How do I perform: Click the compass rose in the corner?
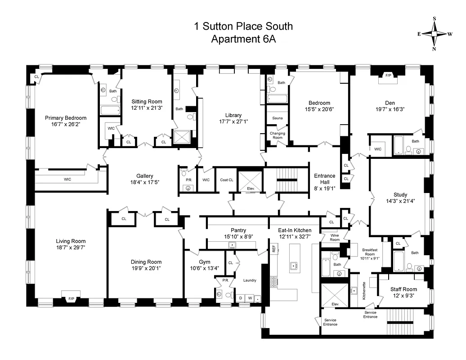pyautogui.click(x=435, y=34)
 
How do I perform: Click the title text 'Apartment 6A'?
pyautogui.click(x=243, y=39)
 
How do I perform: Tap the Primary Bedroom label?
pyautogui.click(x=65, y=118)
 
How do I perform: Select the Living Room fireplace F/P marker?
pyautogui.click(x=71, y=298)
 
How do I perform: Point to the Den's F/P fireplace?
pyautogui.click(x=388, y=76)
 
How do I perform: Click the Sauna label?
pyautogui.click(x=277, y=118)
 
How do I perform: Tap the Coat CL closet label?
pyautogui.click(x=227, y=180)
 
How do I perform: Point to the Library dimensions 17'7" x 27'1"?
pyautogui.click(x=233, y=121)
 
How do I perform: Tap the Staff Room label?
pyautogui.click(x=403, y=289)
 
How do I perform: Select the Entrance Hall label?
pyautogui.click(x=324, y=179)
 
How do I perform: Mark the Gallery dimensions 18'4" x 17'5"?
pyautogui.click(x=145, y=182)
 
